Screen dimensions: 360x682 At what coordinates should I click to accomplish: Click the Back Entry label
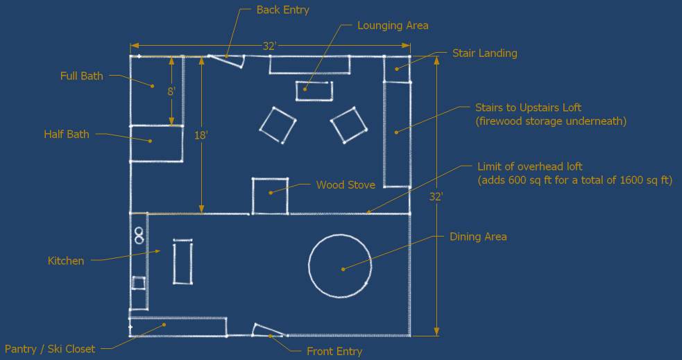282,10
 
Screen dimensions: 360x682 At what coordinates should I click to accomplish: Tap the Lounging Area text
393,26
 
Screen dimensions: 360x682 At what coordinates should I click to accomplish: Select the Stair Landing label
484,53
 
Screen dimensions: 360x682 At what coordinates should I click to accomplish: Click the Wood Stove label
346,185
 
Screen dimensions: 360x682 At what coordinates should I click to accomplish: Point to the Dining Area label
478,237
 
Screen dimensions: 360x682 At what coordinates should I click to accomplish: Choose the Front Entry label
334,352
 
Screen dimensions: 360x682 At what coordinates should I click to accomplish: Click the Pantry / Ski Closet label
50,349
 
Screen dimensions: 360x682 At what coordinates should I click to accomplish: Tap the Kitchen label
66,261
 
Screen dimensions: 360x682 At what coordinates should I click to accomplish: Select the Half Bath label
67,135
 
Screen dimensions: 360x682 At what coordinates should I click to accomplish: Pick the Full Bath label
82,76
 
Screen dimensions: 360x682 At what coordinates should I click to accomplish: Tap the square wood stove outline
270,196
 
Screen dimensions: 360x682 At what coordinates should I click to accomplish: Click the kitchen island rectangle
182,262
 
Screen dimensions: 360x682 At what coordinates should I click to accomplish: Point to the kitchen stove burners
139,236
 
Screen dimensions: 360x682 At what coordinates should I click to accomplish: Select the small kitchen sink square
139,283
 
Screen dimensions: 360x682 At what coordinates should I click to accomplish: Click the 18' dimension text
201,136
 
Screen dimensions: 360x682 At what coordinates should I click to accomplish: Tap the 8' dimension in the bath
171,91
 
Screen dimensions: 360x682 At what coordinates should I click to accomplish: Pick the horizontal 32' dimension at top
270,46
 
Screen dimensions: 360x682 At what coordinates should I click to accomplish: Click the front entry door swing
267,329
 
